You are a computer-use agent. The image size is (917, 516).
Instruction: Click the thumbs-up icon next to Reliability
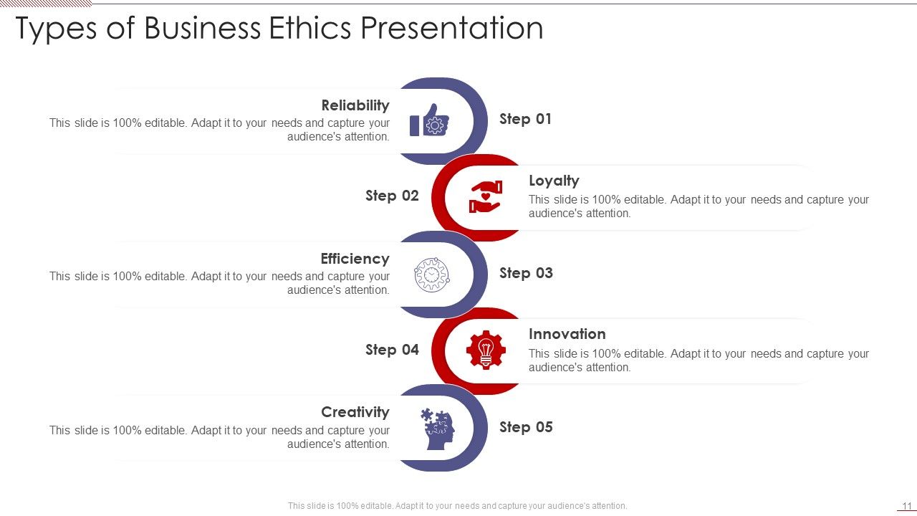point(430,120)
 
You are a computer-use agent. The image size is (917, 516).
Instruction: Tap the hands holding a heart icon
point(486,196)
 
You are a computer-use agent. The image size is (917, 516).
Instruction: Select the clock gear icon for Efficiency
point(431,274)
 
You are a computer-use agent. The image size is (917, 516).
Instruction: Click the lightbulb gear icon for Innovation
point(486,350)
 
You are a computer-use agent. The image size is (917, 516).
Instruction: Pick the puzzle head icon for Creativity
point(437,429)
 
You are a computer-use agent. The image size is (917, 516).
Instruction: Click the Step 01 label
point(525,119)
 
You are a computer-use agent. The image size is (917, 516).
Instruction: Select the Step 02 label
point(392,196)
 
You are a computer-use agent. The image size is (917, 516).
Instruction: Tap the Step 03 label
point(526,273)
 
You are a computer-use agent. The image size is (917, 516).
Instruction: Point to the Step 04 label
point(392,350)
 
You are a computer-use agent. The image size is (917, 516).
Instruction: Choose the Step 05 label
point(526,427)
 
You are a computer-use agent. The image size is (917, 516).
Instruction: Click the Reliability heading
point(355,105)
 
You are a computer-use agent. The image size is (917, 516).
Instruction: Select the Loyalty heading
point(554,181)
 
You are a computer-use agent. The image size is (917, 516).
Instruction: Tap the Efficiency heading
point(355,259)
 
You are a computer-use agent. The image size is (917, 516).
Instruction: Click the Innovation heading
point(567,334)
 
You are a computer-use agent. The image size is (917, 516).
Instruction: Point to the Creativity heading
point(355,412)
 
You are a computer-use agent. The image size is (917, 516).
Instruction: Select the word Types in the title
point(57,29)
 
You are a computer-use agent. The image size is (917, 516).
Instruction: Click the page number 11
point(906,506)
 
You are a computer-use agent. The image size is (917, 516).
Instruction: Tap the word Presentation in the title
point(451,29)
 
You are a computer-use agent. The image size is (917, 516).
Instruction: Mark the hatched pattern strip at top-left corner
point(46,4)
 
